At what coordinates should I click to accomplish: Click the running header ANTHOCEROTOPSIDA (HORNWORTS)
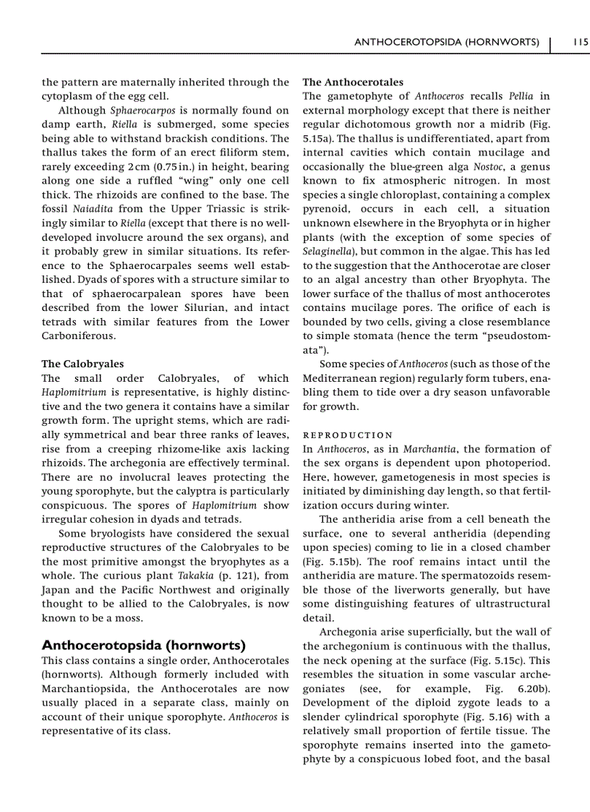click(447, 42)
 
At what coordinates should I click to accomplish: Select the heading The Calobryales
click(82, 364)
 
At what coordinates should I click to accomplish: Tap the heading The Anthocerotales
click(353, 82)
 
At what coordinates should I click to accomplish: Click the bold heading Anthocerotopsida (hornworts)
click(144, 645)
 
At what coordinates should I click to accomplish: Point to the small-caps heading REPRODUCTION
click(348, 435)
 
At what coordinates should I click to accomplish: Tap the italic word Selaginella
click(327, 252)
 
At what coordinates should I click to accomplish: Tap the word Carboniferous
click(78, 336)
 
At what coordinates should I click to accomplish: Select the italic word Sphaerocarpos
click(141, 111)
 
